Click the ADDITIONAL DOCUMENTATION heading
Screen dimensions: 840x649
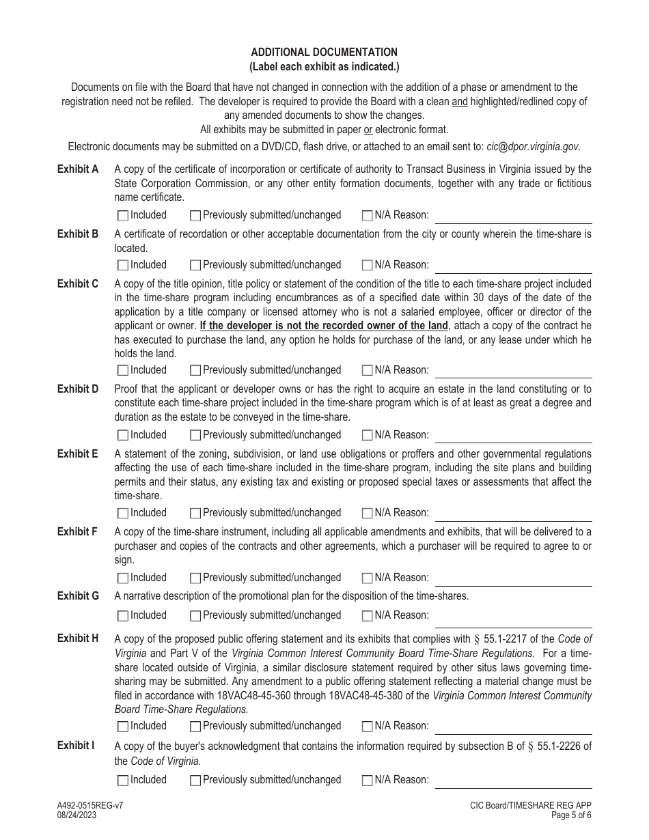pos(324,52)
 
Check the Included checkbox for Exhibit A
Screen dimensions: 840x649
pos(123,216)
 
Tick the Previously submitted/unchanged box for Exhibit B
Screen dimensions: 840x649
pos(195,265)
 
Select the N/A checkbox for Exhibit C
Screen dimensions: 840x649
pos(368,371)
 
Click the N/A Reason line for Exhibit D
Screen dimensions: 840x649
pos(513,436)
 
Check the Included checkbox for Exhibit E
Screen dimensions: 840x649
pos(123,514)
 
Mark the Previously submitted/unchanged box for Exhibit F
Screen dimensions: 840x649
pos(195,578)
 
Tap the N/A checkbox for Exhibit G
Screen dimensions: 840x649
pos(368,616)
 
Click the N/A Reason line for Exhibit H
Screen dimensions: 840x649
pos(513,727)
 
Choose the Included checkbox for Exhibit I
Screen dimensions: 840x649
pos(123,781)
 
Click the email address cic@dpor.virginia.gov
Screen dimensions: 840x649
pos(533,146)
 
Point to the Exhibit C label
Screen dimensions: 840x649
pos(78,283)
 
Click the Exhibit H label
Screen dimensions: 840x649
pos(78,639)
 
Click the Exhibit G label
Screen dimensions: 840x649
pos(78,596)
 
